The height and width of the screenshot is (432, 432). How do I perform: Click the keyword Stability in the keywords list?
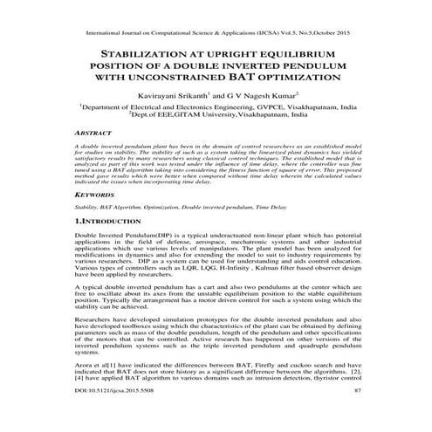click(86, 209)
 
